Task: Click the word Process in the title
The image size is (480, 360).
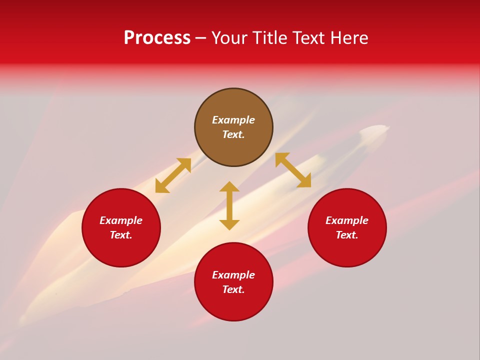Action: pos(157,38)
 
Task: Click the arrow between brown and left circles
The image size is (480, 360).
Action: pos(173,175)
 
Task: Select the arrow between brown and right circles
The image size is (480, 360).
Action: pos(293,170)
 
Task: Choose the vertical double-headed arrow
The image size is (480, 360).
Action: pos(229,205)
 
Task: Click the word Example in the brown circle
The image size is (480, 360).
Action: pos(233,120)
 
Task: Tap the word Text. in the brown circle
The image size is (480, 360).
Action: pos(233,134)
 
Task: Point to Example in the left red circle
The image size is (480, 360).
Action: pos(121,220)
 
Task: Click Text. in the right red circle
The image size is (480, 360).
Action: pos(347,235)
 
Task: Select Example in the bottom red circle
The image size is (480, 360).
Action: pos(233,275)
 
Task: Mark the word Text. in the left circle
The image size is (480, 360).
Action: pos(121,235)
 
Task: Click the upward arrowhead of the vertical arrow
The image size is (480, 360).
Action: pos(229,186)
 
